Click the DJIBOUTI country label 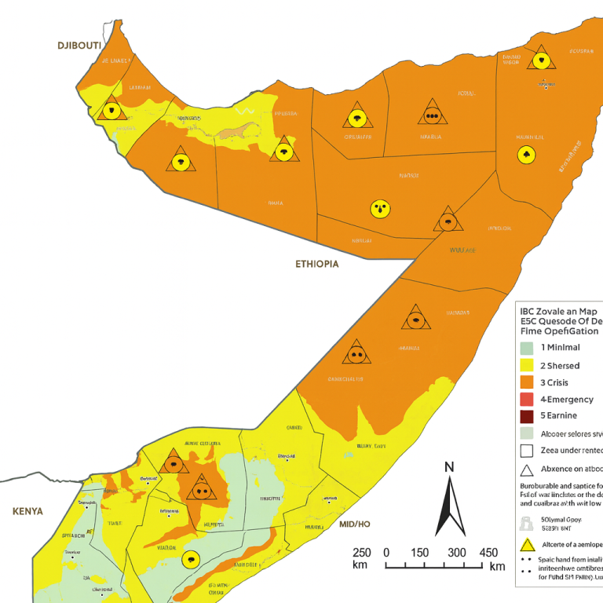[x=79, y=46]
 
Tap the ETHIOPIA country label [x=317, y=264]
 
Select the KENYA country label [x=27, y=511]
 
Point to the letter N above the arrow [x=450, y=468]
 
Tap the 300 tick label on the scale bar [x=455, y=552]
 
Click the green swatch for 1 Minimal [x=527, y=348]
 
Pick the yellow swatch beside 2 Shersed [x=527, y=365]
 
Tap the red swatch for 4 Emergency [x=527, y=399]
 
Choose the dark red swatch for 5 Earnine [x=527, y=416]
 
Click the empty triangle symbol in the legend [x=527, y=470]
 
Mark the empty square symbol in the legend [x=527, y=451]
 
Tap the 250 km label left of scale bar [x=361, y=558]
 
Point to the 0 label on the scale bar [x=386, y=552]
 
